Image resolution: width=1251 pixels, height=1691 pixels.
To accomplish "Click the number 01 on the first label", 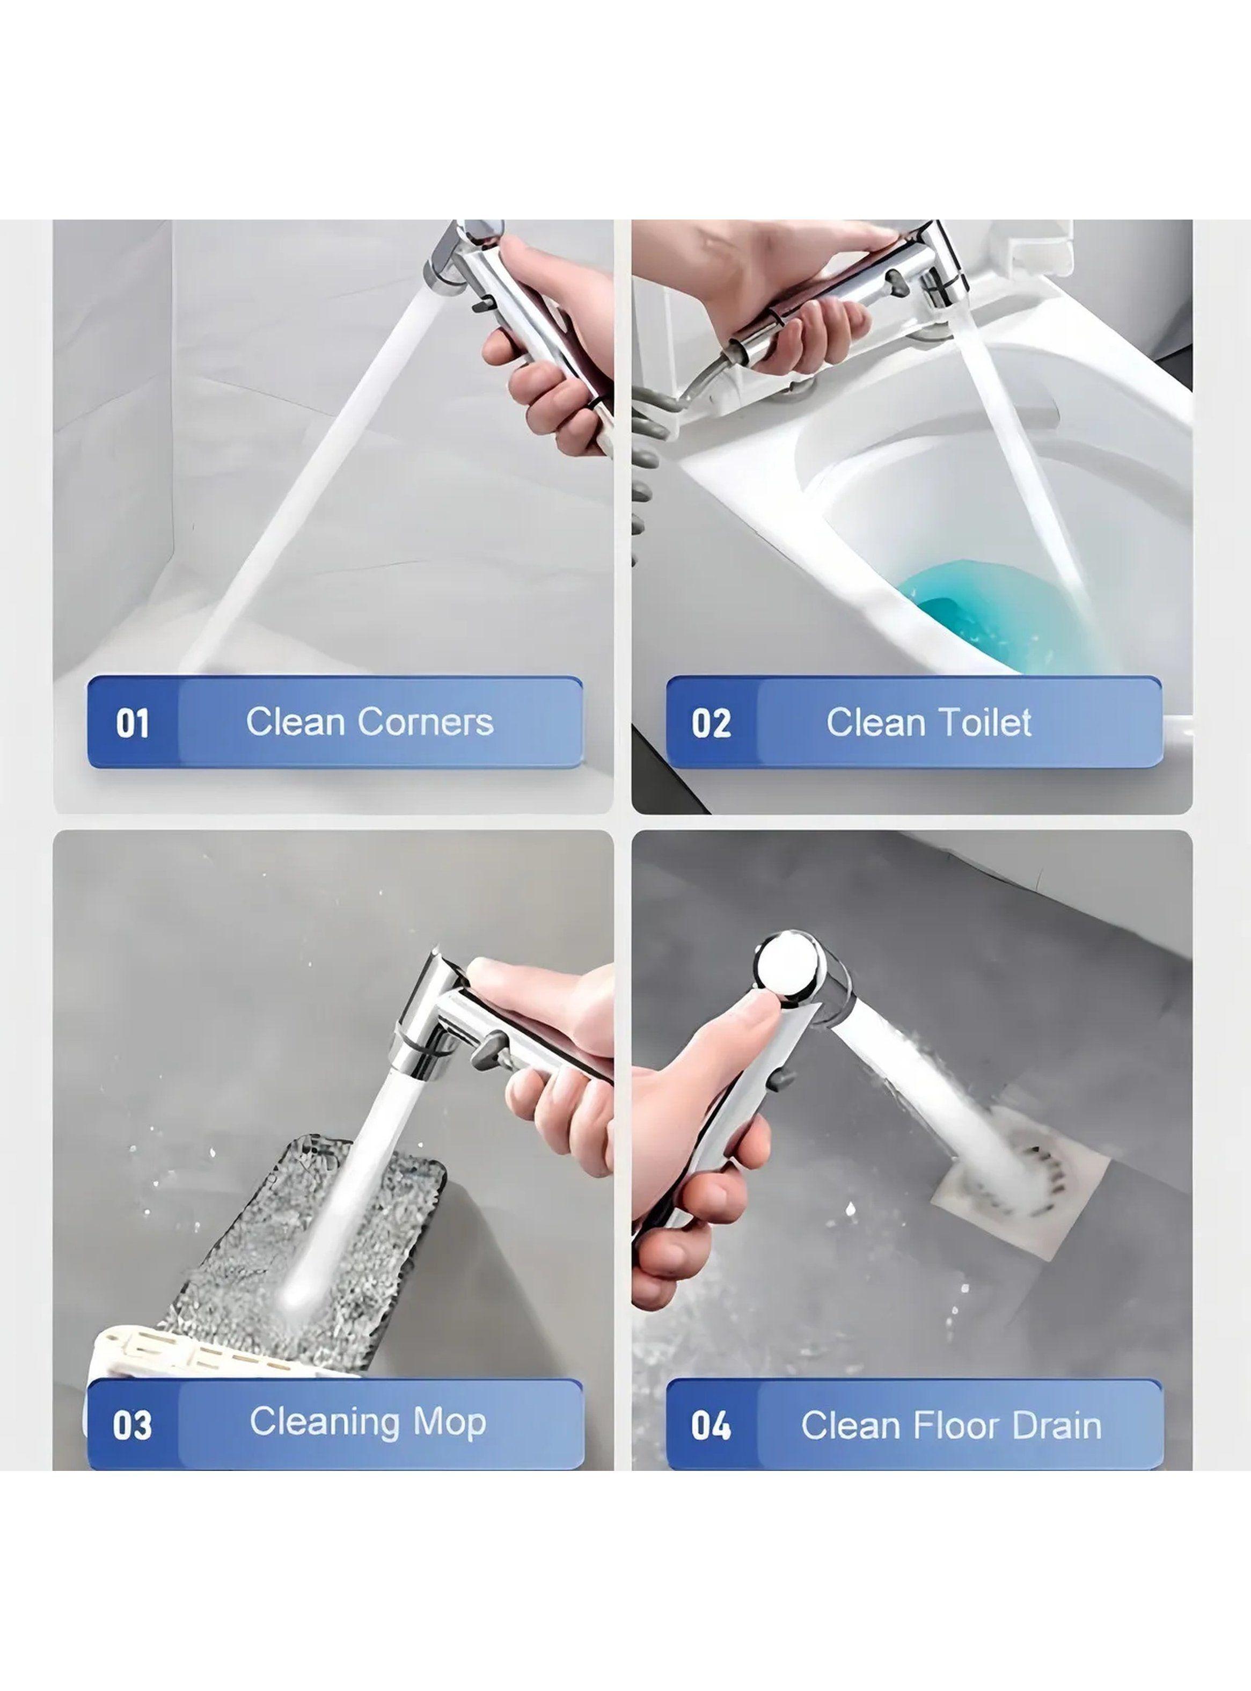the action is coord(133,723).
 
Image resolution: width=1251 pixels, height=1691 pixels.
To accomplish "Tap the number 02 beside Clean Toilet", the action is coord(711,723).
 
